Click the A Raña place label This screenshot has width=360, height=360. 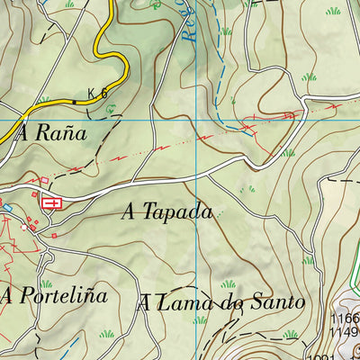click(50, 133)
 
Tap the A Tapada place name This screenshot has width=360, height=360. click(168, 212)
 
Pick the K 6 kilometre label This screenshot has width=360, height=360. click(97, 93)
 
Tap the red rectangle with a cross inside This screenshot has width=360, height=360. click(52, 203)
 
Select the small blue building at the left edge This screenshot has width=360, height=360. click(7, 209)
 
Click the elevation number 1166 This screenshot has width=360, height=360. click(345, 319)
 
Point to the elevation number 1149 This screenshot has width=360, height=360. click(345, 334)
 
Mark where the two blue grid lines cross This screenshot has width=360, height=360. click(197, 119)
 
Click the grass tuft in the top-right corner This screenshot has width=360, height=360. click(333, 11)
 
